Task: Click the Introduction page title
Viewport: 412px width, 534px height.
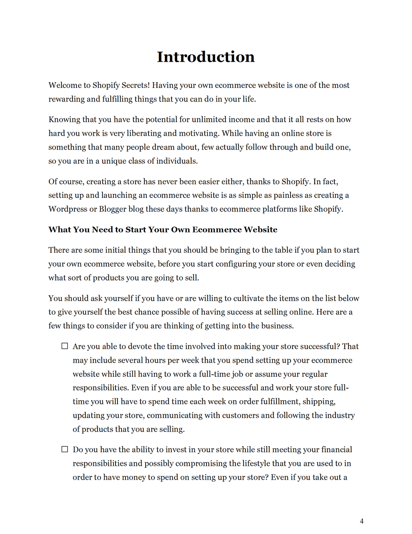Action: pos(206,57)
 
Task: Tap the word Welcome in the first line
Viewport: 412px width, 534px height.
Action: pos(65,85)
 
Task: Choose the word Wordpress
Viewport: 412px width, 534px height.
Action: pos(68,209)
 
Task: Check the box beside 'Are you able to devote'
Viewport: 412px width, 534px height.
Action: pos(64,346)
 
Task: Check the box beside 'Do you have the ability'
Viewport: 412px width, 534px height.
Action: pos(64,449)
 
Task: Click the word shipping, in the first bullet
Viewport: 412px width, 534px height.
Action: pos(321,401)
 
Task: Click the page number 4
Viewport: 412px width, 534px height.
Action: pos(362,521)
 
